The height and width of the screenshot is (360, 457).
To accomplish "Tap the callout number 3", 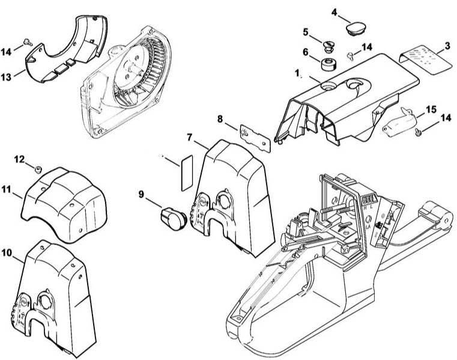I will pos(447,46).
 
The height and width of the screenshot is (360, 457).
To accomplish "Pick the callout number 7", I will pos(189,138).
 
